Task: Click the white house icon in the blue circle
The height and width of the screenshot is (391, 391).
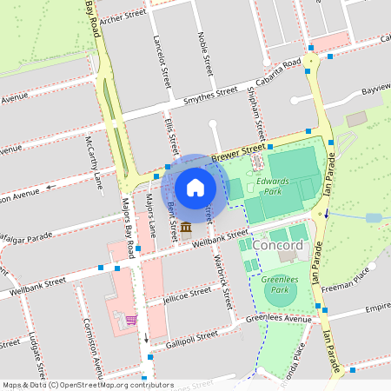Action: [195, 187]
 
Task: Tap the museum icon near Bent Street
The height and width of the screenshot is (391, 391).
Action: [186, 229]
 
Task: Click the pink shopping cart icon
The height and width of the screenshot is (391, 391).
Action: [130, 319]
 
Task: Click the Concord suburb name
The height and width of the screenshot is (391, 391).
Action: [279, 245]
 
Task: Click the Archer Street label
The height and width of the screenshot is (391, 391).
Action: [123, 15]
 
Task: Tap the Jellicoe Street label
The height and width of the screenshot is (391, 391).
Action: [186, 295]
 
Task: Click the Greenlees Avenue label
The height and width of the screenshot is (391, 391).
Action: [277, 319]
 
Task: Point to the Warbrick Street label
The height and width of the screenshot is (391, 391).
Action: [222, 281]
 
